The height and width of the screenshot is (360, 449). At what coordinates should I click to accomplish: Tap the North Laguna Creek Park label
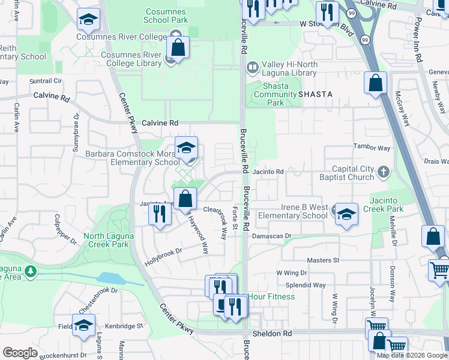pos(106,240)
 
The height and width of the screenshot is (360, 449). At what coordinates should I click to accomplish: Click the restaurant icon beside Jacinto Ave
pos(159,214)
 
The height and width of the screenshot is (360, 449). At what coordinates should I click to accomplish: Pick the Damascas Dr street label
pos(271,236)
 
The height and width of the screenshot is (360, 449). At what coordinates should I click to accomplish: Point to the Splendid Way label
pos(309,286)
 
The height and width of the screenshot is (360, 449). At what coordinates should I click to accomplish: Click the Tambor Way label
pos(372,148)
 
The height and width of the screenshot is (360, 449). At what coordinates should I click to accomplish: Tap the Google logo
pos(20,353)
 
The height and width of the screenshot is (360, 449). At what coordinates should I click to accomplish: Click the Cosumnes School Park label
pos(166,16)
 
